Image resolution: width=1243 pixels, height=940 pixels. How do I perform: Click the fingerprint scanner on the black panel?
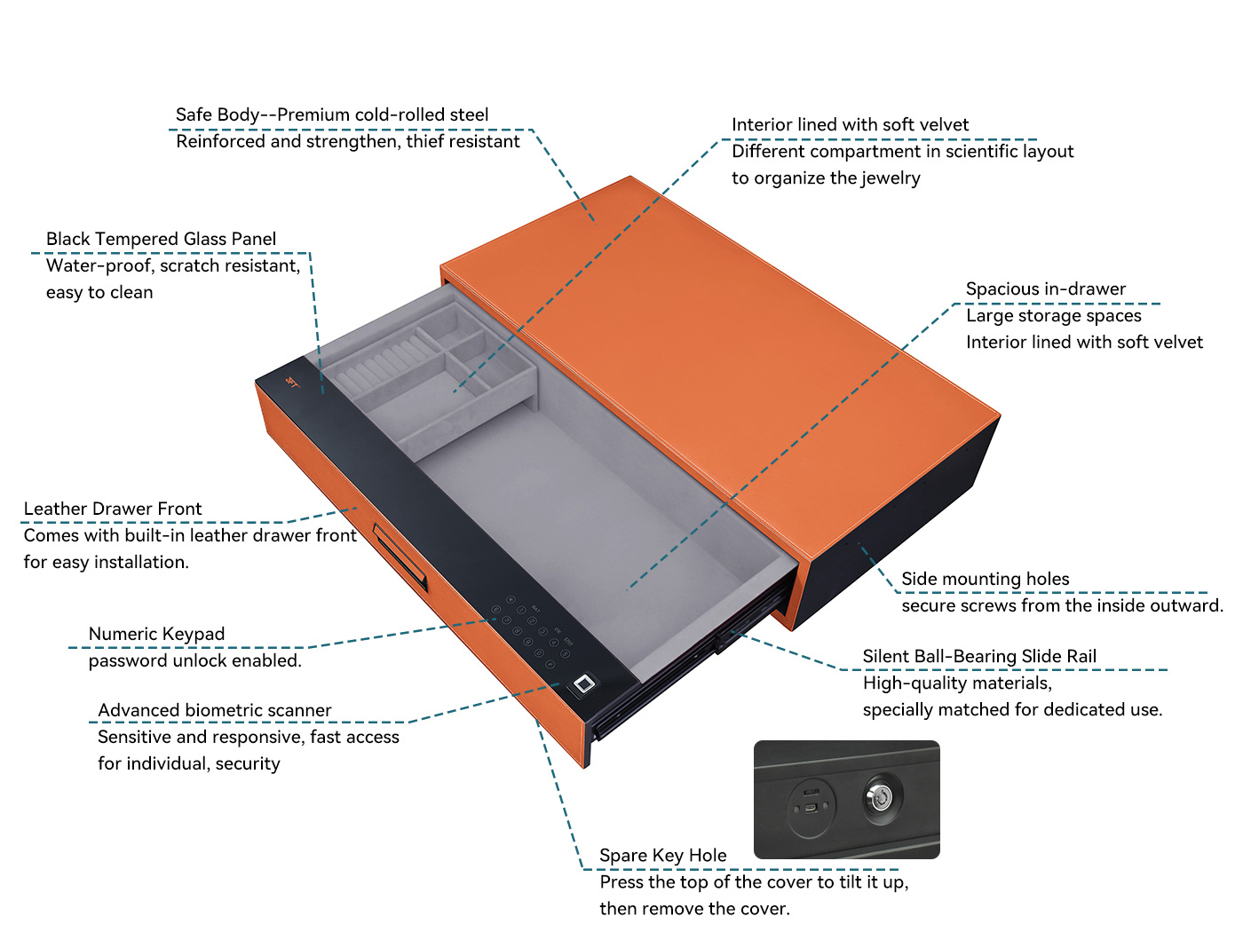pos(584,684)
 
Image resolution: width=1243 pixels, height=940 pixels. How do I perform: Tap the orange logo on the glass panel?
pos(292,383)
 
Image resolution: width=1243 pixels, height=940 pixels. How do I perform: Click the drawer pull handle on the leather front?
pos(400,557)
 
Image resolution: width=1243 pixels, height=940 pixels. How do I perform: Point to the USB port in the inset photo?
pos(811,809)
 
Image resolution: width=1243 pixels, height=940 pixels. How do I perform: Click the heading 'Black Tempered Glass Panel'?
pos(161,239)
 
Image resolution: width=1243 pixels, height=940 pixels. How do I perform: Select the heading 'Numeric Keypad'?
pos(156,634)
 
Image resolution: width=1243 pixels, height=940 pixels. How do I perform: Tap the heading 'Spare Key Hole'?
pos(662,855)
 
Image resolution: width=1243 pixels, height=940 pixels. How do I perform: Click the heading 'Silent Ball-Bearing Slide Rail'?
pos(979,657)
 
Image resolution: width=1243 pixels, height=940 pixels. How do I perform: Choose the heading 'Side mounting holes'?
pos(986,579)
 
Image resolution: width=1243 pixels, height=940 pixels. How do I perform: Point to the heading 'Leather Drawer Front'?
pos(113,509)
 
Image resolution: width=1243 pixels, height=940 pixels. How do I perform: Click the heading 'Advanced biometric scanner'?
pos(215,710)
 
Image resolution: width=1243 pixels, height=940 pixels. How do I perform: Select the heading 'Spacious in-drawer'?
pos(1045,289)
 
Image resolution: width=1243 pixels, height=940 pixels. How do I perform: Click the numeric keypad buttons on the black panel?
pos(532,632)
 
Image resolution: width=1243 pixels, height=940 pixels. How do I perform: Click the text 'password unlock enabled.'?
pos(194,661)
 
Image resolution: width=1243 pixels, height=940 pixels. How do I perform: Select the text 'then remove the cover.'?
pos(694,909)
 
